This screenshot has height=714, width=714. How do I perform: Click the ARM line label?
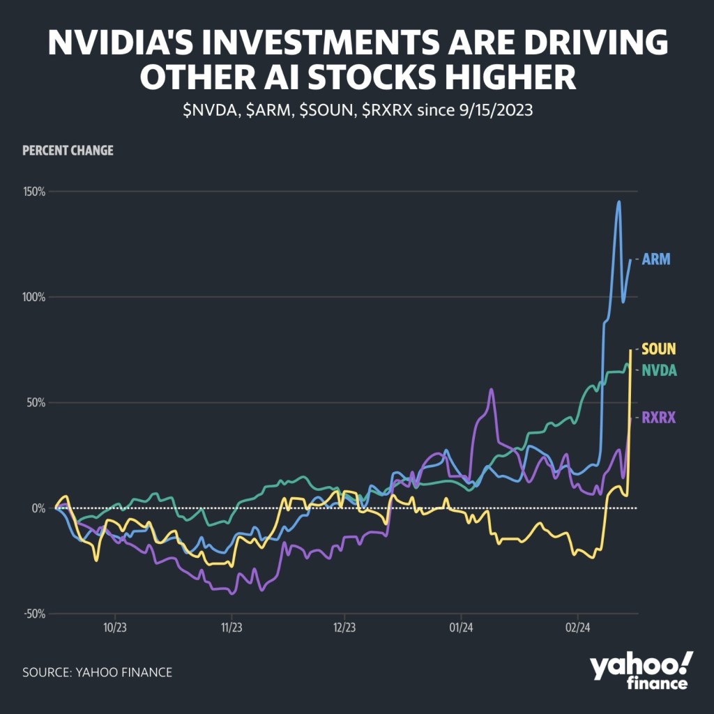655,260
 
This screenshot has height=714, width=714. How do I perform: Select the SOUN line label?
659,349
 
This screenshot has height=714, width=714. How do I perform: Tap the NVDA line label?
659,370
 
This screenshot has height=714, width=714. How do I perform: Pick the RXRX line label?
659,417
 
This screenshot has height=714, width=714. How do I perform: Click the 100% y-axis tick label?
31,297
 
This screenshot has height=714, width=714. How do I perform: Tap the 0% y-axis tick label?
37,508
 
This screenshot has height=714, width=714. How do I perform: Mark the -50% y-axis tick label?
32,614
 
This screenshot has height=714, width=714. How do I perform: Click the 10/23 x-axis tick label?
114,626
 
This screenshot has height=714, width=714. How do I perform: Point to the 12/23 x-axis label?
344,626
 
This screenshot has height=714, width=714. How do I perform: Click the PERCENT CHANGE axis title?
68,151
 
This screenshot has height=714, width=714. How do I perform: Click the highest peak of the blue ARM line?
618,202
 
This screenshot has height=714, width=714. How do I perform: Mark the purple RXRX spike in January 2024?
492,390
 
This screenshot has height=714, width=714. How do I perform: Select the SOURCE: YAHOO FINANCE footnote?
97,672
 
